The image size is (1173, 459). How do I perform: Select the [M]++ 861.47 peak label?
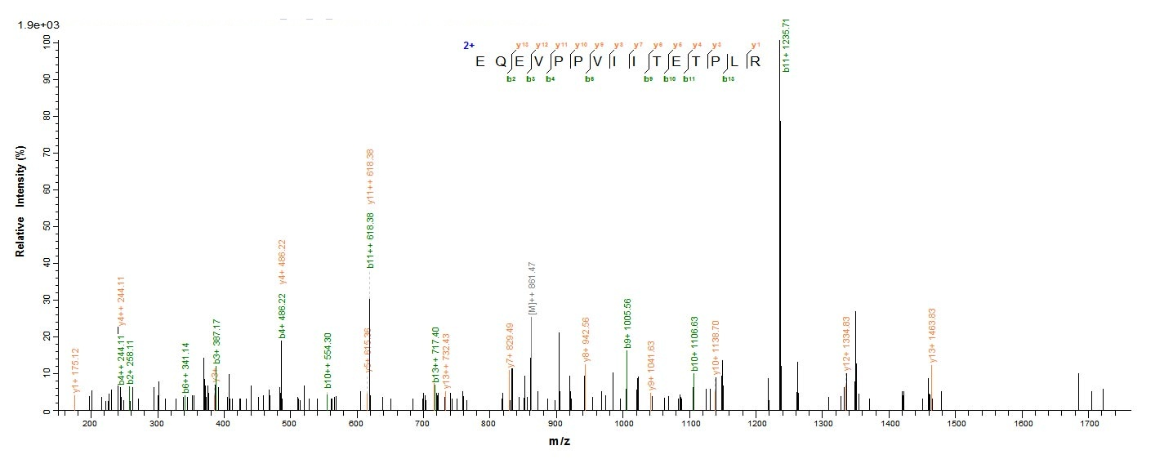coord(532,288)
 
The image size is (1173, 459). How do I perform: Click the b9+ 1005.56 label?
coord(627,323)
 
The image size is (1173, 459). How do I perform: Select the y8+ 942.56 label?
coord(586,341)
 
